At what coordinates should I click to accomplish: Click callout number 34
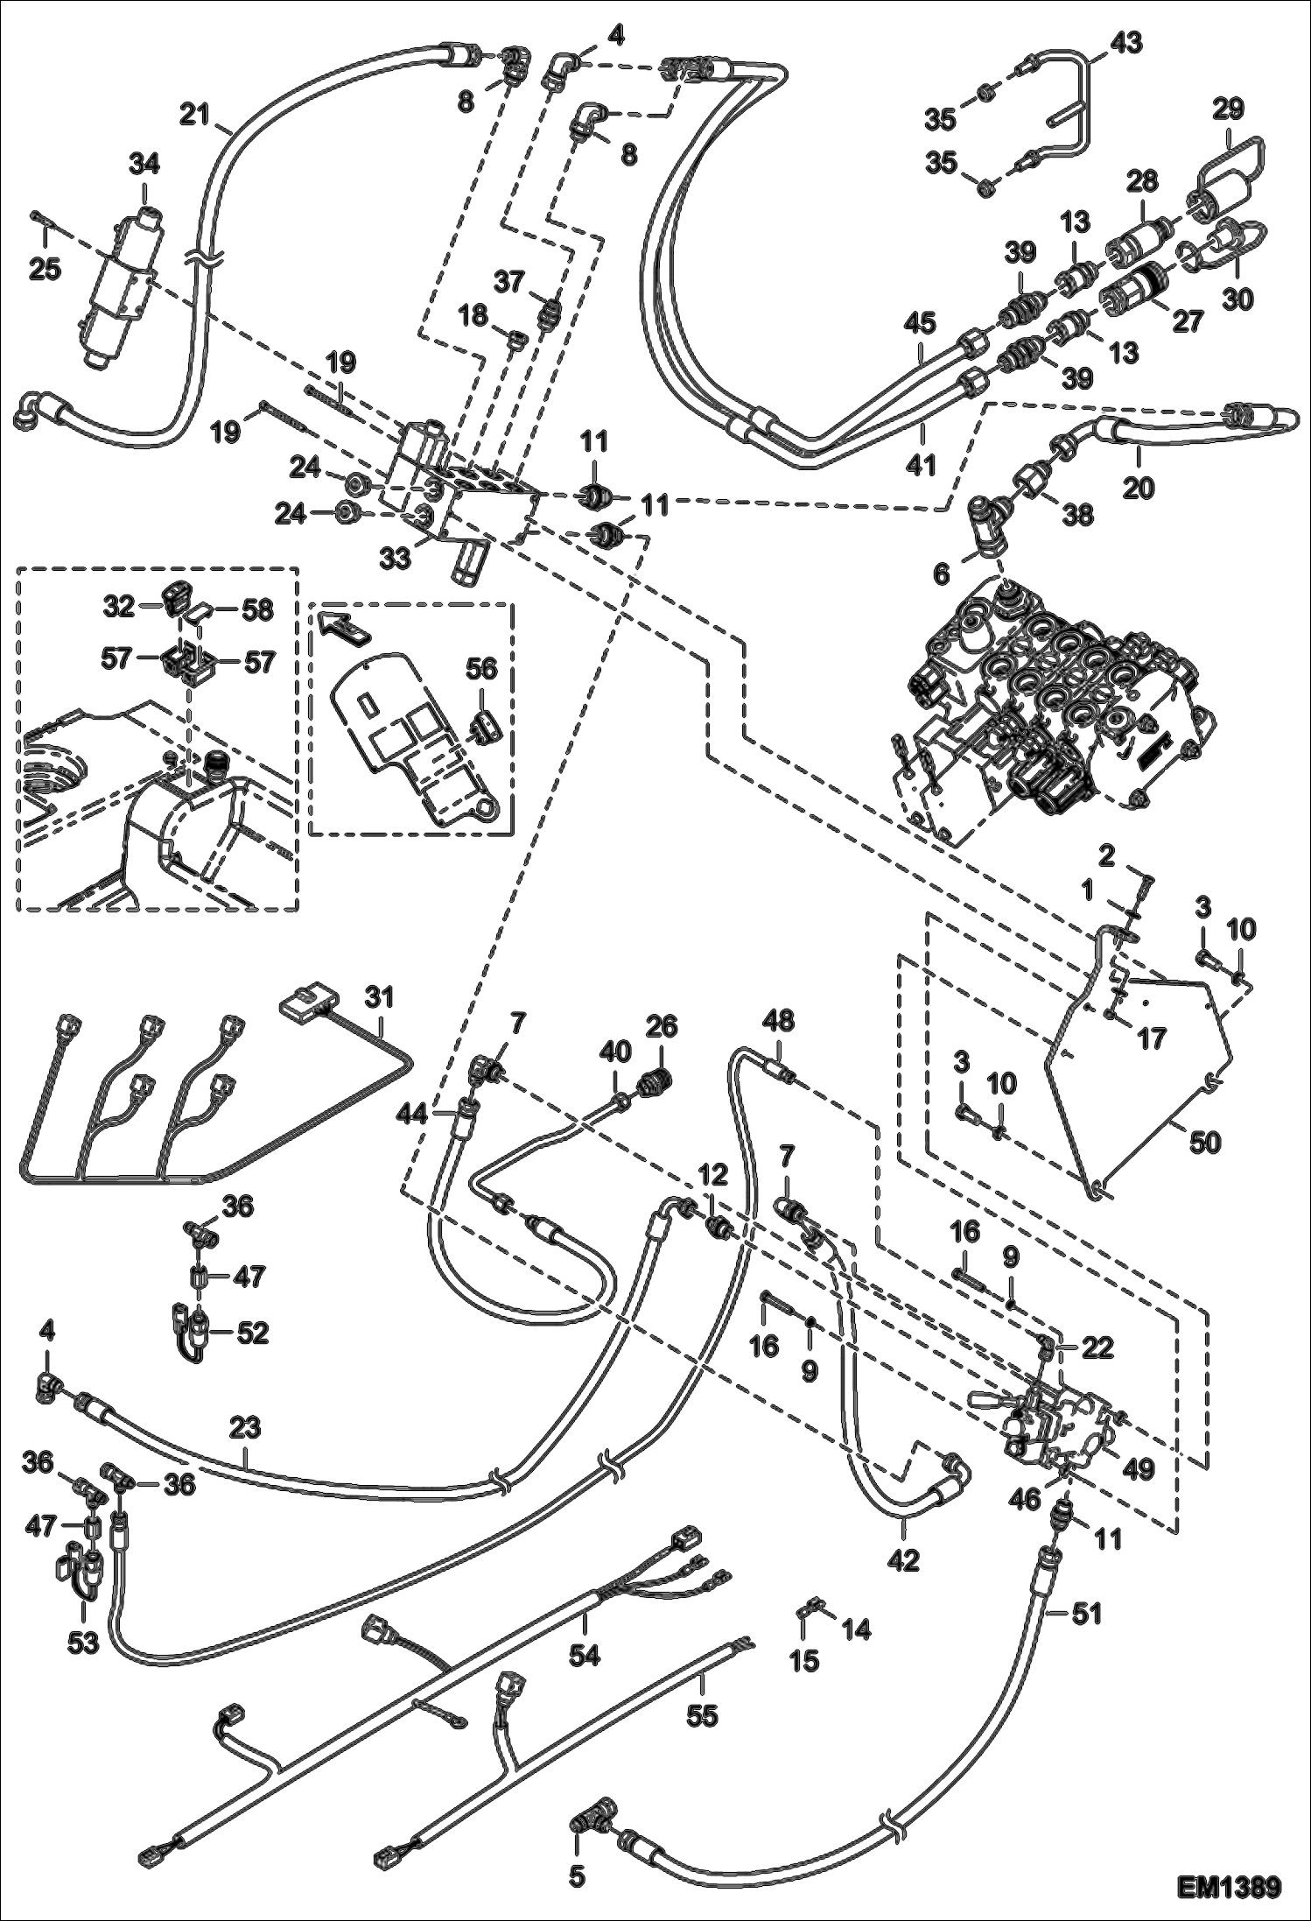145,164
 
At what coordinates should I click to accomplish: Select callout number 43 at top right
1126,43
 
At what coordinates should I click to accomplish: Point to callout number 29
1228,109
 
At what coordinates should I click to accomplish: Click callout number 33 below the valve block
396,557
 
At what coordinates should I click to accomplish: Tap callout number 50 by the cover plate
1204,1143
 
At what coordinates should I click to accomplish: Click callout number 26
661,1025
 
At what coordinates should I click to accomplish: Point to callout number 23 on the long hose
246,1428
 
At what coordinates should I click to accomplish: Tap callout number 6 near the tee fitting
941,573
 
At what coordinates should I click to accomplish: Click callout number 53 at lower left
85,1643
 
